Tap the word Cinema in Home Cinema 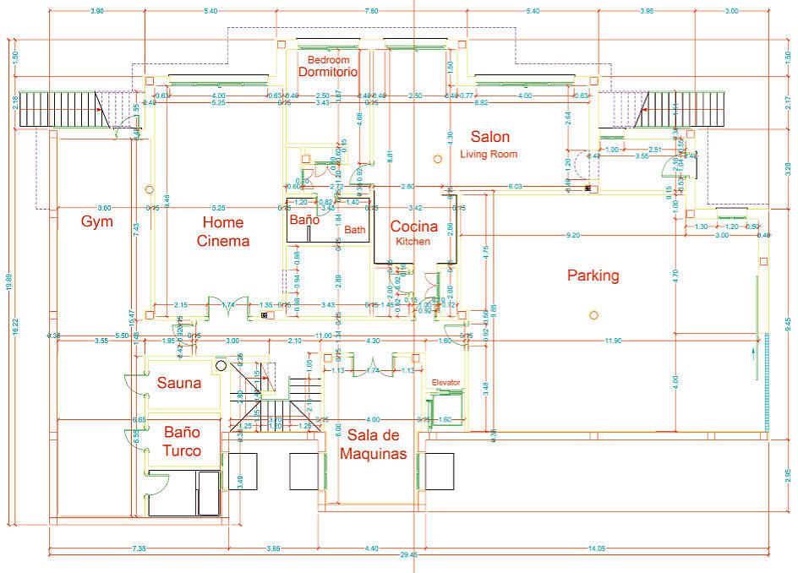pos(223,241)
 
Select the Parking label pos(593,276)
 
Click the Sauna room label pos(179,383)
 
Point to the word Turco pos(182,450)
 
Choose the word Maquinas pos(373,454)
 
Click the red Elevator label pos(445,383)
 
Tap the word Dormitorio pos(328,73)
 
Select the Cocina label pos(413,226)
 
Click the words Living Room pos(489,155)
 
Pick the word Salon pos(490,137)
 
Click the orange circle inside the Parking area pos(593,315)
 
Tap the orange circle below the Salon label pos(437,158)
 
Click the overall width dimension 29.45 pos(409,555)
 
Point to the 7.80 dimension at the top pos(371,11)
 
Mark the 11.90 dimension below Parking pos(613,341)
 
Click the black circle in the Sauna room pos(221,366)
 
